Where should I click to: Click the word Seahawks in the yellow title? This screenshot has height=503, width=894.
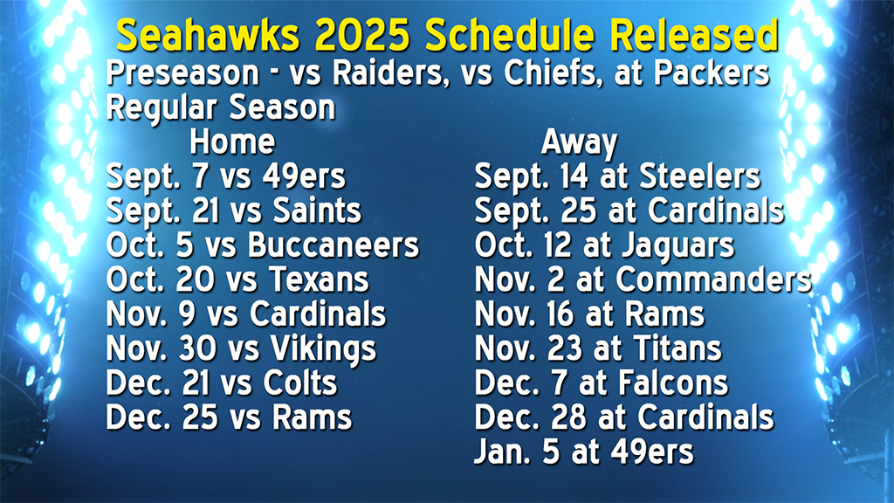click(208, 35)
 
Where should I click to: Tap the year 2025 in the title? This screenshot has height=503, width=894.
click(361, 35)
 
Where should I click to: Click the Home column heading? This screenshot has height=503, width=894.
click(232, 141)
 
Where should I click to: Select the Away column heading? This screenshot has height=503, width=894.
click(579, 142)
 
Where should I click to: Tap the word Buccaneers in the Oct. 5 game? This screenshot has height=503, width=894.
click(334, 245)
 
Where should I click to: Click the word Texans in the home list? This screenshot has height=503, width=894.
click(319, 279)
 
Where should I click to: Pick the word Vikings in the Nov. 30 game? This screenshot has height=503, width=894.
click(323, 349)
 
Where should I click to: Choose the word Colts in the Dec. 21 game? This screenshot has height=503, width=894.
click(300, 382)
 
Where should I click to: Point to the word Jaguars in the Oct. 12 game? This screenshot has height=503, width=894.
click(677, 246)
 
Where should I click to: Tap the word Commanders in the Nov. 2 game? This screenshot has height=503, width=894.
click(713, 279)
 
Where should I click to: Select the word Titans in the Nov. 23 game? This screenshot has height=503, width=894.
click(677, 348)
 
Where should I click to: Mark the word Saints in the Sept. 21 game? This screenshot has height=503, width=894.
click(317, 210)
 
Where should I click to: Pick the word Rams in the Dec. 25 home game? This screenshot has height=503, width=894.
click(312, 417)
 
